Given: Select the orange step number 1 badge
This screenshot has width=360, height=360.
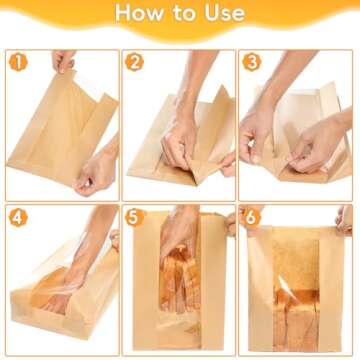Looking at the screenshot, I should point(16,64).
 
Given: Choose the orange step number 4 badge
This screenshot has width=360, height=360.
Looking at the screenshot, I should point(16,217).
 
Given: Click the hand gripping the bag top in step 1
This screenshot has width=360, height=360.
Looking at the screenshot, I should point(64,62).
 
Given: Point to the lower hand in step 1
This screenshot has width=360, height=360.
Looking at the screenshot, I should point(97,173).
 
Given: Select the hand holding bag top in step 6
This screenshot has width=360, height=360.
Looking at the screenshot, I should point(343,218).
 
